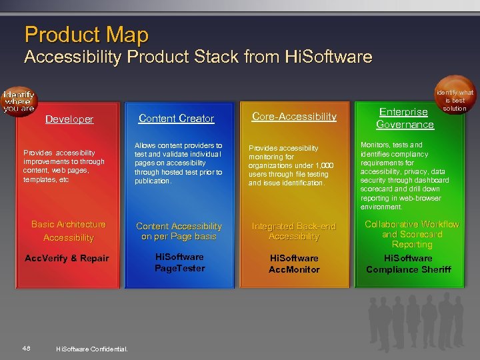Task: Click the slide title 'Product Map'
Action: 86,34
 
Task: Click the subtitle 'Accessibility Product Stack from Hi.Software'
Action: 198,57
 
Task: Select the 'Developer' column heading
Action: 69,119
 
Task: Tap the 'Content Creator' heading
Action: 176,119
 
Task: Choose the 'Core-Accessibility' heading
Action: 294,117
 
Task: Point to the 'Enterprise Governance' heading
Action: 405,118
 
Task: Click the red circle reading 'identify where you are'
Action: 18,100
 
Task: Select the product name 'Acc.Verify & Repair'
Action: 67,258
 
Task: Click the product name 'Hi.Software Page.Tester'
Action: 179,263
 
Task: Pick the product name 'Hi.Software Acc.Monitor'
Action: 294,263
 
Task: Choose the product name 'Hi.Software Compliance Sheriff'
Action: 408,263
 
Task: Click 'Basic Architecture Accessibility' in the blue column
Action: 68,231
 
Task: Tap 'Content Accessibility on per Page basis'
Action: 179,231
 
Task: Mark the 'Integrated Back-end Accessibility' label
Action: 294,231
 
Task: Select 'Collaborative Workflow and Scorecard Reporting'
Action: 411,234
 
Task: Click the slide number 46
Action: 26,347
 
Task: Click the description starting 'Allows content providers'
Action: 178,163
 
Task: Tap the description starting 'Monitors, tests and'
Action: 405,175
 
